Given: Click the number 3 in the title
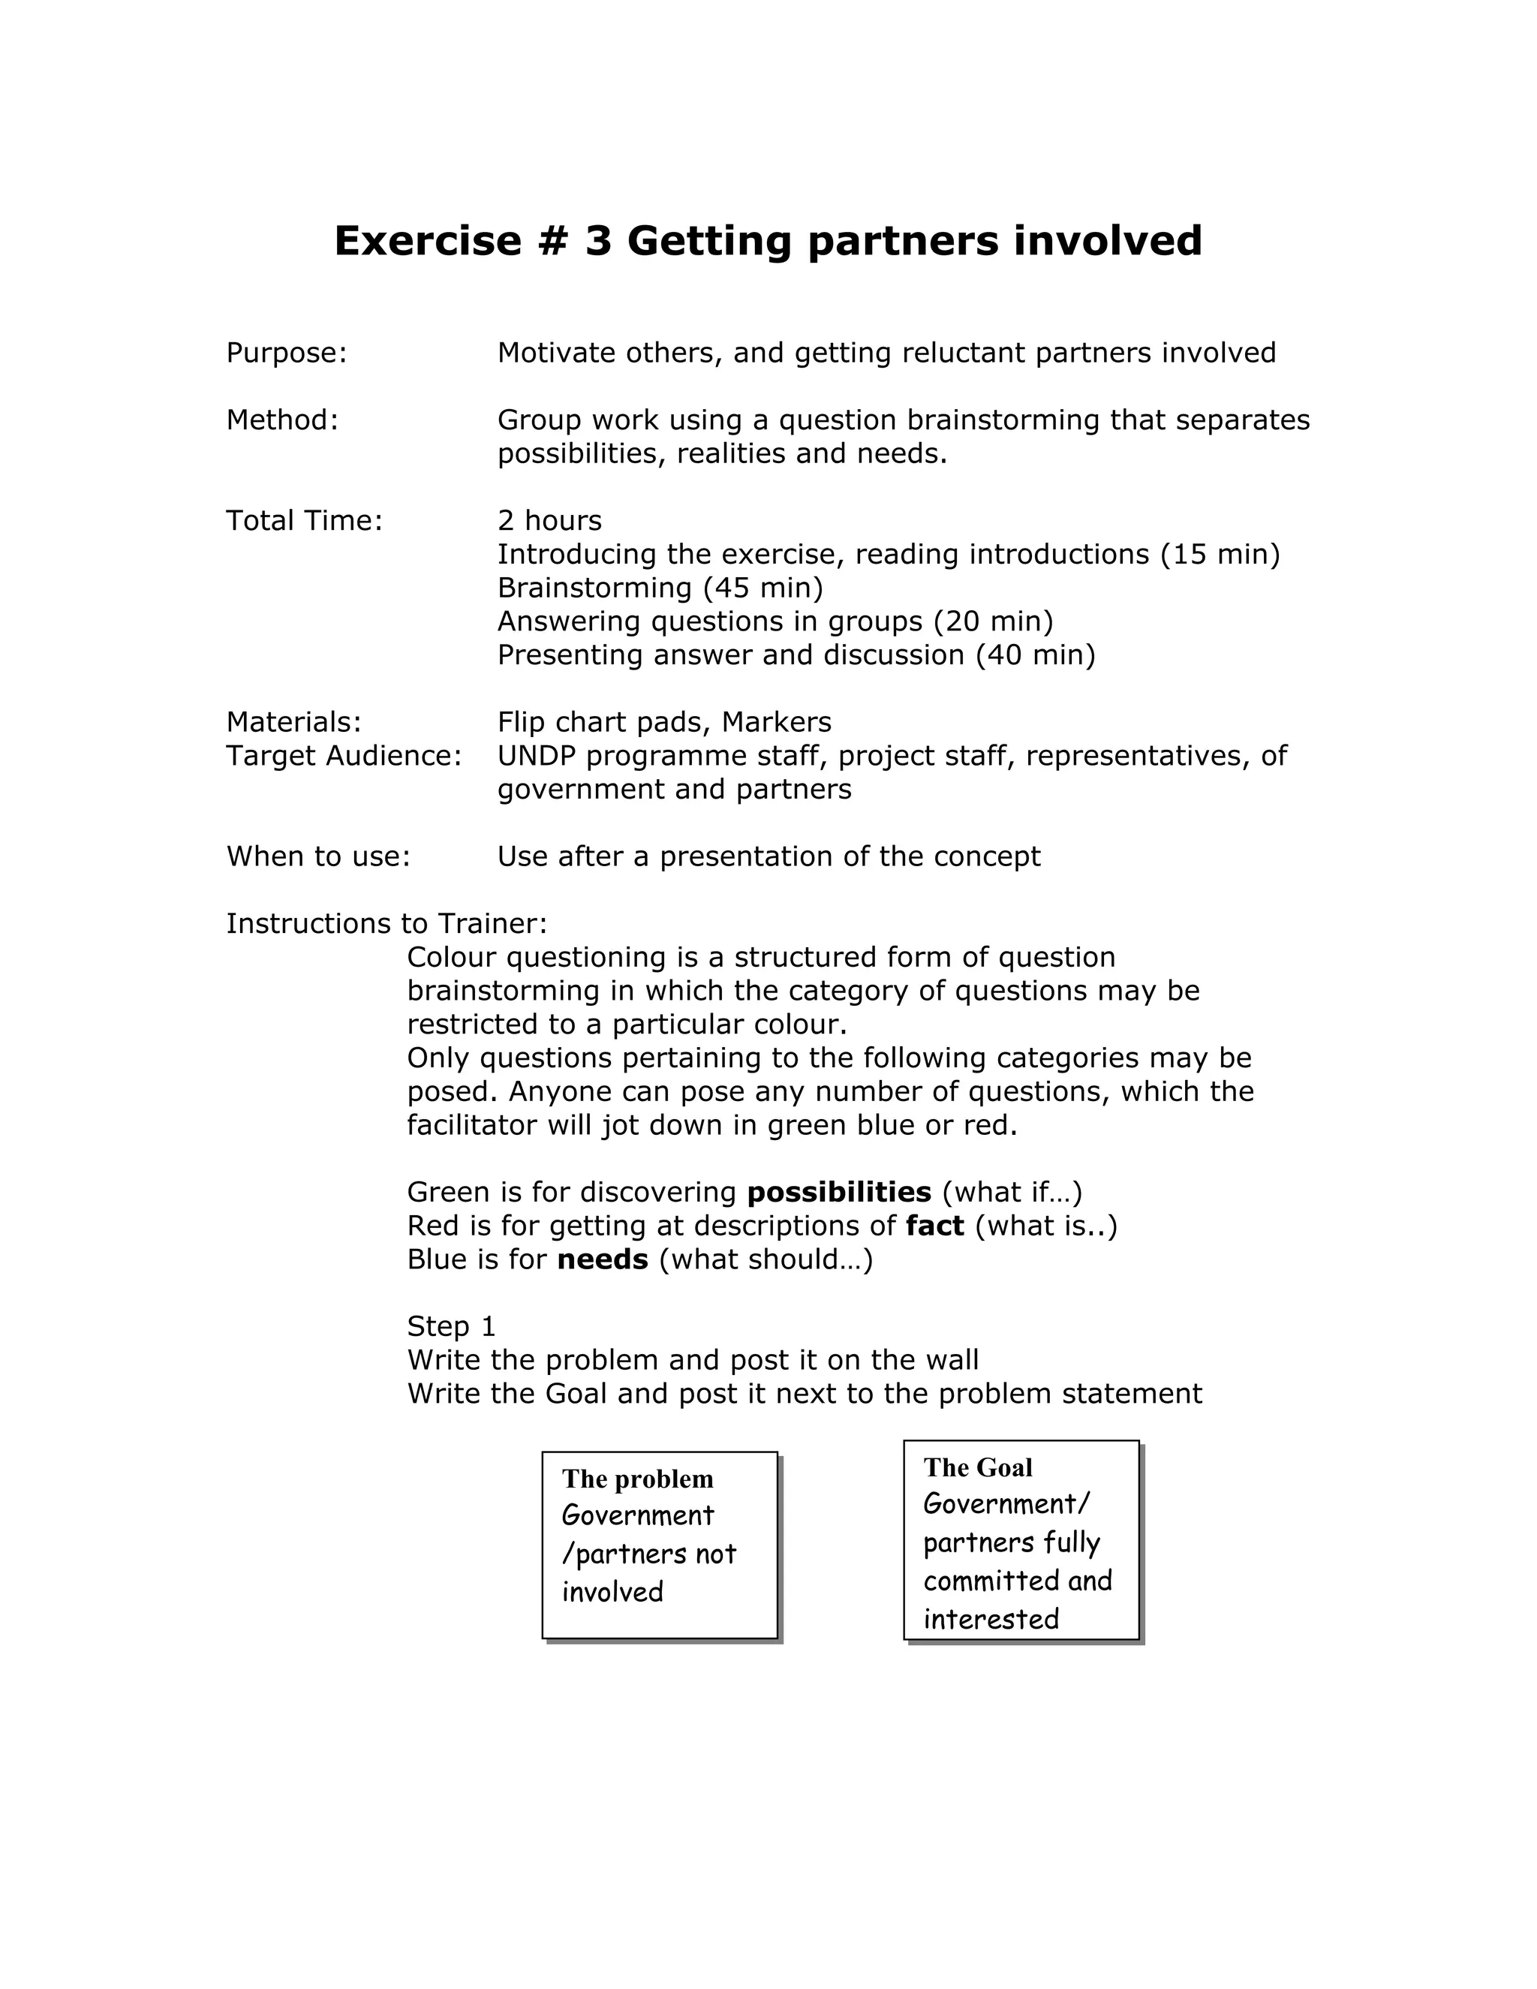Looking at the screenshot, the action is pos(597,242).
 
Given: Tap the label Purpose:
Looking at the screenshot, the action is pos(287,354).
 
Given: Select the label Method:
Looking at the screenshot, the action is pos(282,421).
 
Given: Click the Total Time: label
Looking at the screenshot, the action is pos(304,521).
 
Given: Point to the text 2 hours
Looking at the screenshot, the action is pos(549,521).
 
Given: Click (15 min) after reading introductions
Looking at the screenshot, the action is pos(1220,555).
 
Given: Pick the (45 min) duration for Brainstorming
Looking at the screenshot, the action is pos(763,588).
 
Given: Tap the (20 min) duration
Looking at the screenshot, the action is pos(994,622).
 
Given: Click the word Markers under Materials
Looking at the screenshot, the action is pos(776,722).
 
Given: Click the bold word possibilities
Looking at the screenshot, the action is pos(838,1192).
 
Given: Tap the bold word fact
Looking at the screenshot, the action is pos(934,1226).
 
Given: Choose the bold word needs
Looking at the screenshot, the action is pos(602,1259).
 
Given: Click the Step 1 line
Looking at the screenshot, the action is pos(451,1326).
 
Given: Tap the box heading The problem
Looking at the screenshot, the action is pos(637,1479).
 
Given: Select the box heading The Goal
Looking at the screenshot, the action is pos(978,1467).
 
